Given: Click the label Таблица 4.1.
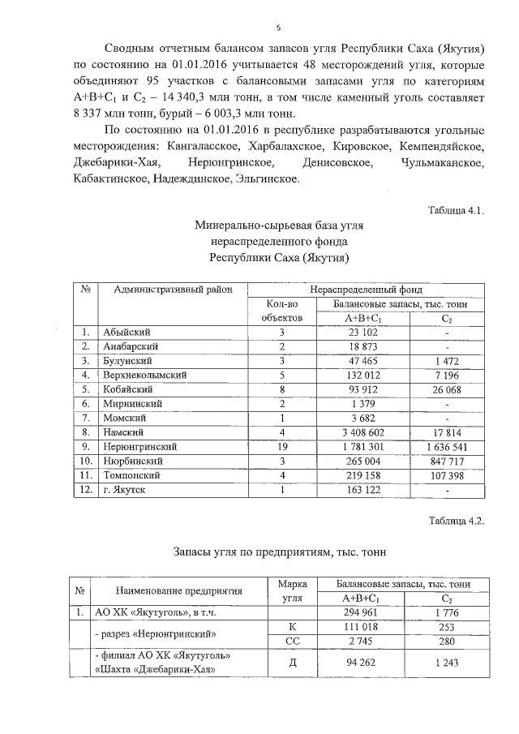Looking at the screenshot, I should pos(456,211).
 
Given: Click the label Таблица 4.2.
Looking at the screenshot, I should pos(456,521).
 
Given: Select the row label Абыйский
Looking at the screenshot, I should pos(127,332).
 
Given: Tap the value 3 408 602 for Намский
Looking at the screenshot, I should pos(358,431).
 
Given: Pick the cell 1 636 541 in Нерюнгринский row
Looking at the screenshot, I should pos(446,446).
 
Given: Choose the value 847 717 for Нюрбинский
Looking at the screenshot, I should pos(446,461).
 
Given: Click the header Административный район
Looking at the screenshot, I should pos(173,290).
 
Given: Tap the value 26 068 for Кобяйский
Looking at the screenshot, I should pos(446,388).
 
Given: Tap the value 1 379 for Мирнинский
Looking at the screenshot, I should pos(358,403).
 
